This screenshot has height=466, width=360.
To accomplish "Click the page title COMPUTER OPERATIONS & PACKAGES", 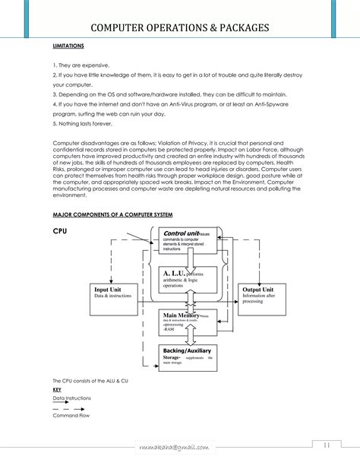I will (179, 28).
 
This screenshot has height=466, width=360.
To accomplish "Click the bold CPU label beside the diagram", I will (61, 229).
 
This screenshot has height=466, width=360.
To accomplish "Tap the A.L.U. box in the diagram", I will (188, 278).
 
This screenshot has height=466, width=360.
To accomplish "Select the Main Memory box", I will (188, 320).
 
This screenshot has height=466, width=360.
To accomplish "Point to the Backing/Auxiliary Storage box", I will (188, 356).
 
